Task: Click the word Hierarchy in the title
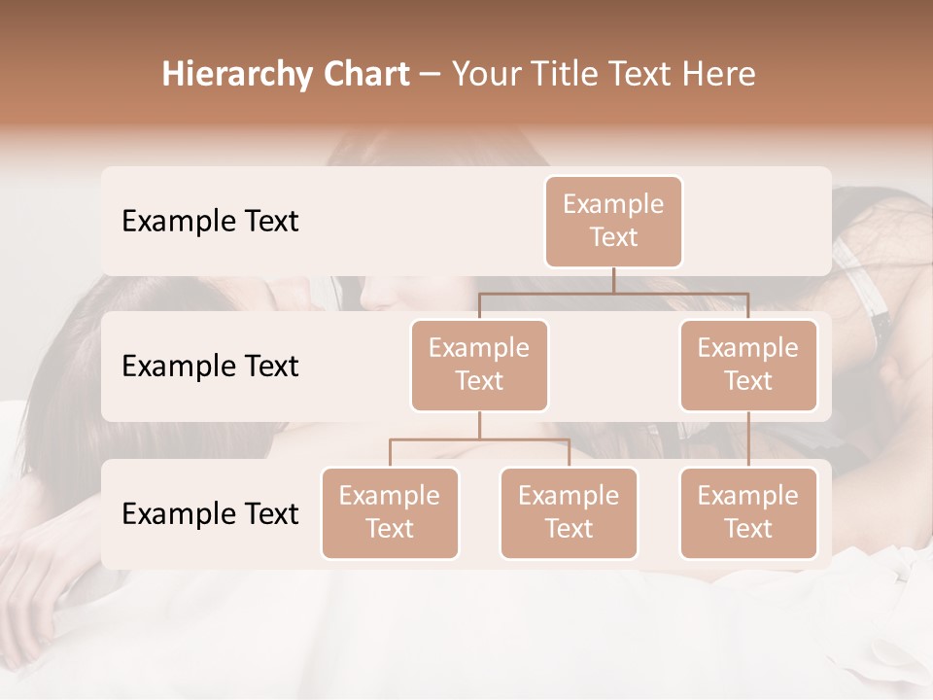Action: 225,75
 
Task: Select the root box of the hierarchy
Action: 613,222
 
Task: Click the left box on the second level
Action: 479,366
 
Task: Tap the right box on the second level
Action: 748,366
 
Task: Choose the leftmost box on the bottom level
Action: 390,513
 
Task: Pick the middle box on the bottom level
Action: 569,513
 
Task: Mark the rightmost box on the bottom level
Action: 748,513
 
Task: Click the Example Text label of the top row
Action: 210,222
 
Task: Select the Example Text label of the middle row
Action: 210,367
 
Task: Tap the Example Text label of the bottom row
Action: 210,514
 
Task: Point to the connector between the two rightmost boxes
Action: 748,439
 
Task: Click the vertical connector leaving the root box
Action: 613,280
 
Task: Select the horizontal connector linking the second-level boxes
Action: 613,293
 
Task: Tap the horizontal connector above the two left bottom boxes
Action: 479,439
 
